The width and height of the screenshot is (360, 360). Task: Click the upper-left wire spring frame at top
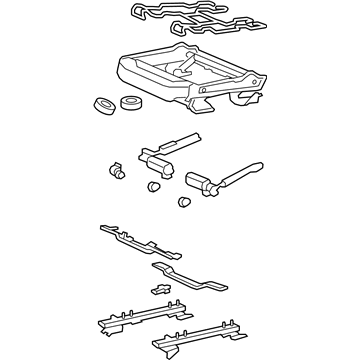[x=160, y=13]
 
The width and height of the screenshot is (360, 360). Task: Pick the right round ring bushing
[x=129, y=101]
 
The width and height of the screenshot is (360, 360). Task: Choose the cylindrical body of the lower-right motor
[x=200, y=183]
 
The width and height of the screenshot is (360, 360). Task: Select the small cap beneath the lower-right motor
[x=183, y=203]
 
